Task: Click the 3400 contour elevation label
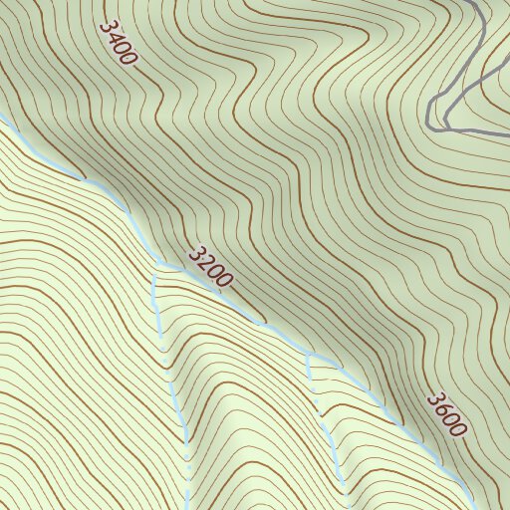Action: (x=118, y=43)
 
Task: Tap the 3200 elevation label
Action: (x=210, y=267)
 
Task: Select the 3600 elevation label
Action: (x=446, y=414)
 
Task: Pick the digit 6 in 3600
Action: (x=441, y=409)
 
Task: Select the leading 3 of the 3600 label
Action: (x=433, y=399)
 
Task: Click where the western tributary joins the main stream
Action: (x=155, y=266)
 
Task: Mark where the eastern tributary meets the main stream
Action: (x=310, y=355)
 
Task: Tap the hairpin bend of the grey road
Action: (x=431, y=116)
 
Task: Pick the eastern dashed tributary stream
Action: (x=324, y=418)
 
